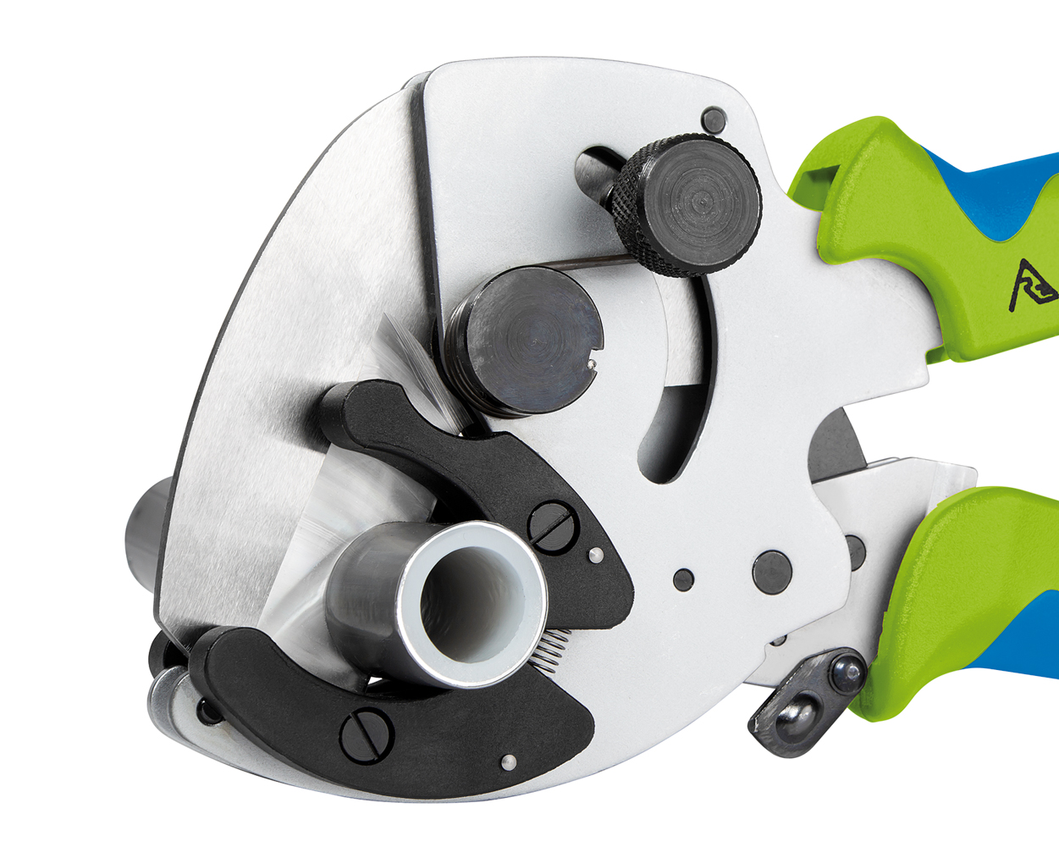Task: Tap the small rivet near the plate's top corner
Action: [x=714, y=119]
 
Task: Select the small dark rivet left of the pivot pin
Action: [x=683, y=580]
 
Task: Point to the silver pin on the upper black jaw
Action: [x=596, y=555]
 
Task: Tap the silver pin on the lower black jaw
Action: [x=507, y=761]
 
